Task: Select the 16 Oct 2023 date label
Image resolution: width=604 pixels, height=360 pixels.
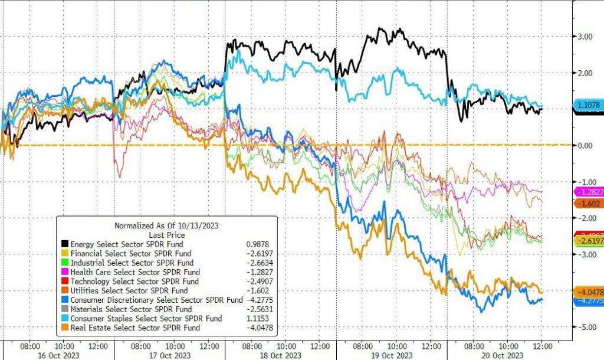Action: coord(58,355)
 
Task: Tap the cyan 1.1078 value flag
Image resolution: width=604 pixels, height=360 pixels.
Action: coord(587,105)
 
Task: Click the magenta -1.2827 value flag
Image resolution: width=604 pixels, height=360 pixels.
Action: coord(588,192)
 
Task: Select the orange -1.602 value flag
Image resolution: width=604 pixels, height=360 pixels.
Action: coord(587,203)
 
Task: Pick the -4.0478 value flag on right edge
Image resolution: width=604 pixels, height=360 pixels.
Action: coord(588,292)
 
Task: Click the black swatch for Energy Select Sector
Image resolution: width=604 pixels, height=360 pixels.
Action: coord(64,244)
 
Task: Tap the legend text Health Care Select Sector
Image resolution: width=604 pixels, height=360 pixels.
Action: coord(135,272)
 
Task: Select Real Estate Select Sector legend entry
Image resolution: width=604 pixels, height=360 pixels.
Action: coord(135,328)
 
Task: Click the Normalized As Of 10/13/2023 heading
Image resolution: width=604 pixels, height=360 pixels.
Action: coord(165,225)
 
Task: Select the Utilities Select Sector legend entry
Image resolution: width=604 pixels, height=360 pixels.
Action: coord(129,290)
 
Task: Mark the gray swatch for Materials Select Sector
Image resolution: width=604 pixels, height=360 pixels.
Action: coord(64,309)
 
